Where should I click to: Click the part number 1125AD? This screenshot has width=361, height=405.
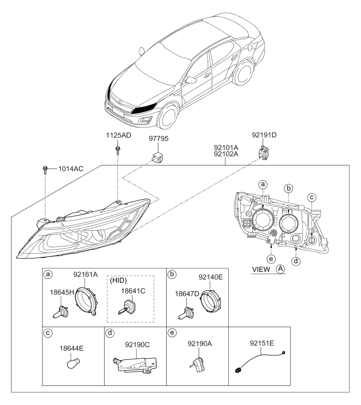[x=118, y=135]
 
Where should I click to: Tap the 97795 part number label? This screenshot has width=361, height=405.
[x=159, y=139]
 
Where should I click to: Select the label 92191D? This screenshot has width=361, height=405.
[x=264, y=135]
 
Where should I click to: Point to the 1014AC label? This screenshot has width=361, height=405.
[x=71, y=169]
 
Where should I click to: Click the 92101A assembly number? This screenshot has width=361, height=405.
[x=226, y=148]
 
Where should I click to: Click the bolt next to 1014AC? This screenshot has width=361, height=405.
[x=45, y=170]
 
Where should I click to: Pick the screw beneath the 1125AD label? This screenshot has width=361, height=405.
[x=118, y=150]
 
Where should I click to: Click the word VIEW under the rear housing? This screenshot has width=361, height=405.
[x=261, y=269]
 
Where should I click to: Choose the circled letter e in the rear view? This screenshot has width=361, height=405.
[x=271, y=259]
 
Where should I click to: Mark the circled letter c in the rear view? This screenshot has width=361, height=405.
[x=312, y=198]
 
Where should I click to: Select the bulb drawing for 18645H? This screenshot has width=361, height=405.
[x=61, y=311]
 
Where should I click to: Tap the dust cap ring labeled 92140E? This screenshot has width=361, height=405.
[x=210, y=301]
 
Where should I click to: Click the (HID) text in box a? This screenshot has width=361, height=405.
[x=118, y=280]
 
